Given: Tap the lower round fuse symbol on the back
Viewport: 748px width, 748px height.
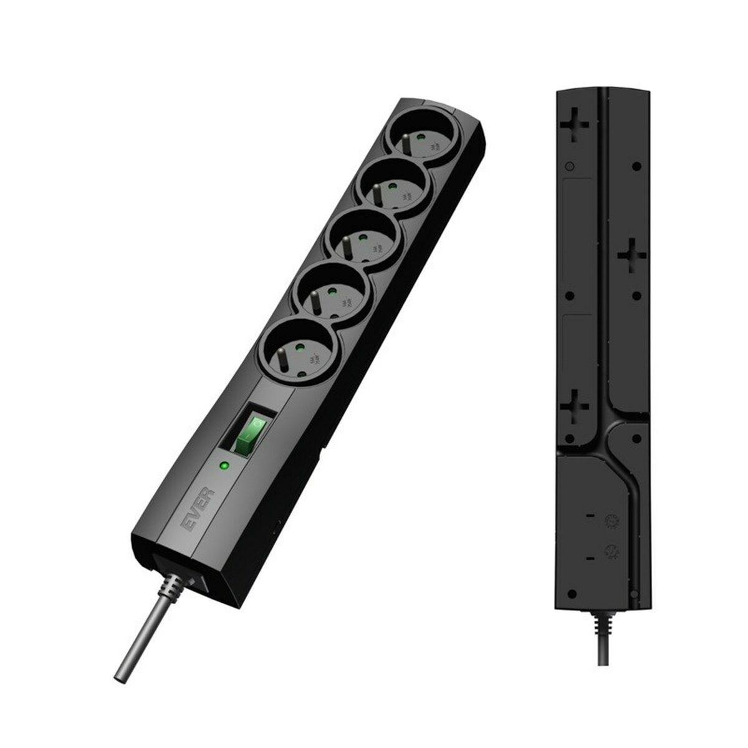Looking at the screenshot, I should pos(611,550).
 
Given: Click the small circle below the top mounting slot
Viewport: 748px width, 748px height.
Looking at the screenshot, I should pos(568,166).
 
